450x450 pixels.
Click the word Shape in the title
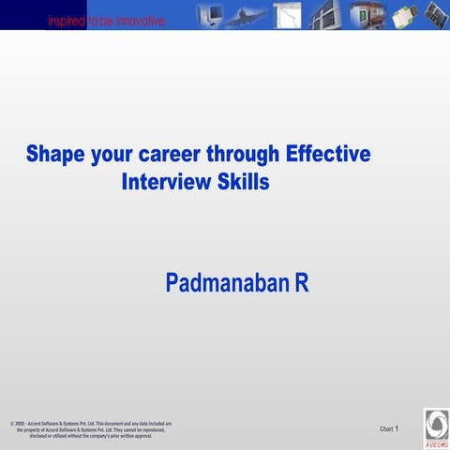55,154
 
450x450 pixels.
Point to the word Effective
329,154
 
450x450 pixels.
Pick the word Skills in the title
244,181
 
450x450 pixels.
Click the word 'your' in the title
114,155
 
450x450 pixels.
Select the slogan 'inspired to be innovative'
105,21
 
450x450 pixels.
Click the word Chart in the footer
386,428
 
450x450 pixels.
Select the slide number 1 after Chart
397,428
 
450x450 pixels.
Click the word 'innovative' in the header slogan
138,21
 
